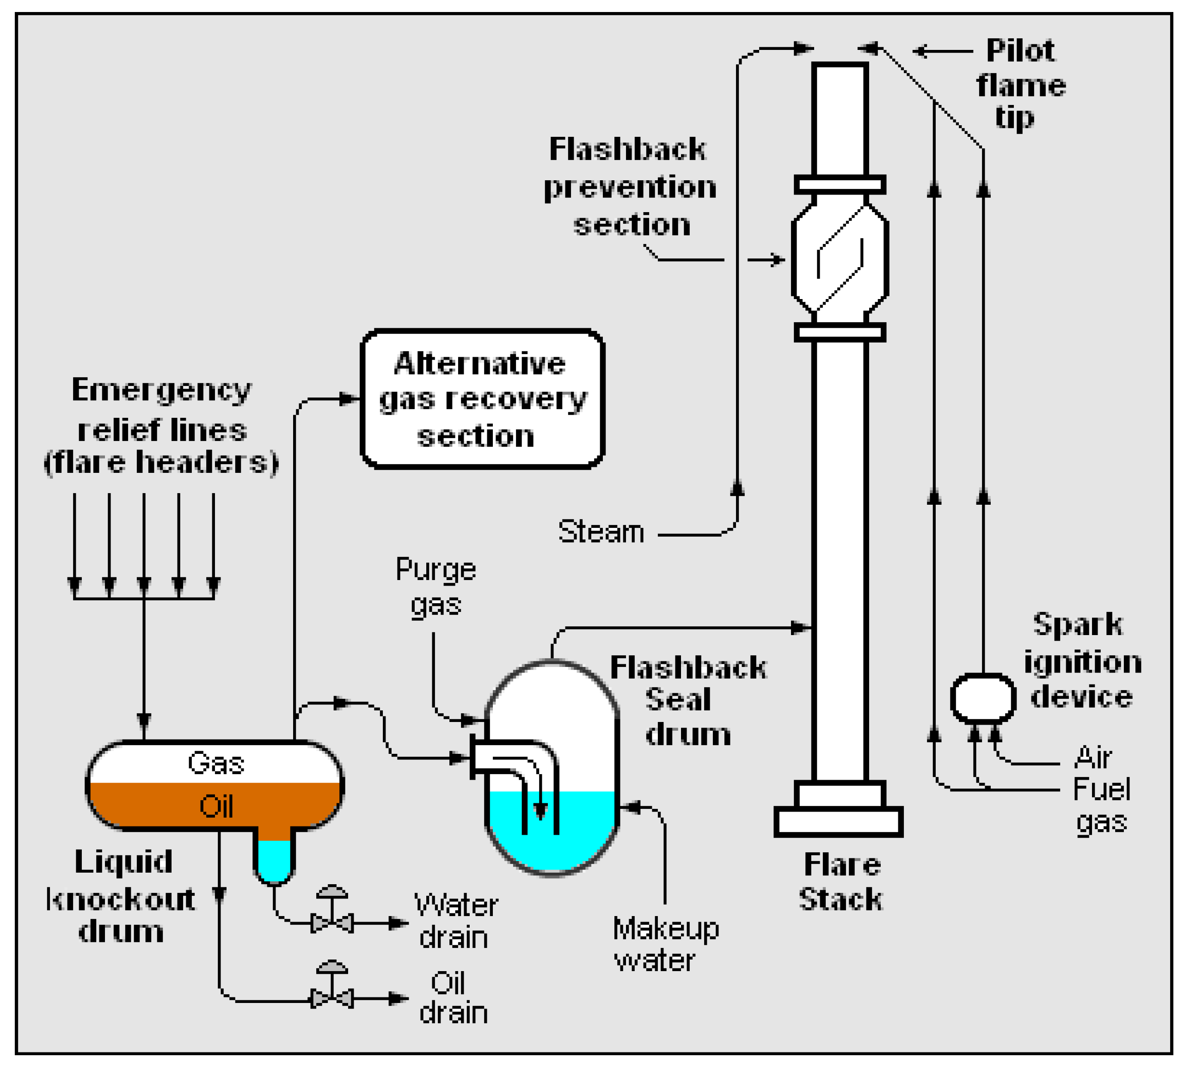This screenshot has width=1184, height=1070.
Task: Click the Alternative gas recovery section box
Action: click(482, 399)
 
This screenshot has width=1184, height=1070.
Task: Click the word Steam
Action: click(601, 532)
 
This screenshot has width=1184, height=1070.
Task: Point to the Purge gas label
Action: click(436, 587)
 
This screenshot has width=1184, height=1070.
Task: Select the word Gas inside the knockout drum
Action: click(216, 764)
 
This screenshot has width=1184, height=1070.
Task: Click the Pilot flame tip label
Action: click(1021, 84)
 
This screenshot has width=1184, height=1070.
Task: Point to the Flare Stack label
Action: click(841, 882)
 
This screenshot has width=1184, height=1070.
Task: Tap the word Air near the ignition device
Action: click(1093, 757)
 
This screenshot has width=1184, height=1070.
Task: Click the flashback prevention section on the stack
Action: click(840, 258)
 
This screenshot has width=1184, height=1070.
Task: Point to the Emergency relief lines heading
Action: click(161, 425)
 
